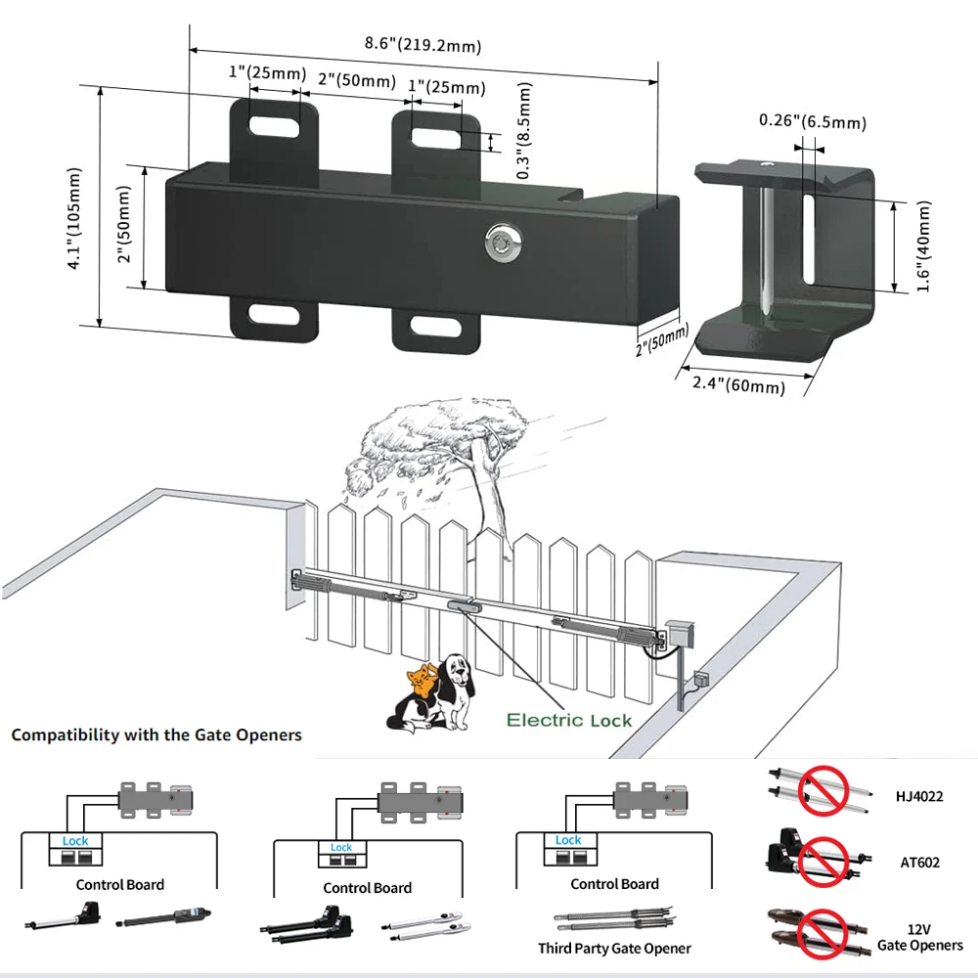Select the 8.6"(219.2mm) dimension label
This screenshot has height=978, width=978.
tap(422, 44)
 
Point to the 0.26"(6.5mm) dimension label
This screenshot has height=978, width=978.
tap(813, 121)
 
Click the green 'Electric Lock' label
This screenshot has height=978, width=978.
tap(569, 721)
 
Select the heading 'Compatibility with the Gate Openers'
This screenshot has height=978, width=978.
tap(156, 734)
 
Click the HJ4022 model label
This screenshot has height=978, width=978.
tap(920, 796)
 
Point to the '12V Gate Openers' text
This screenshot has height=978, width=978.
tap(919, 936)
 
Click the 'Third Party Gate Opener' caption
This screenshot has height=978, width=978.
tap(614, 948)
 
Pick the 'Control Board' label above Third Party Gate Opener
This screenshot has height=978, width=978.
tap(614, 884)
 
